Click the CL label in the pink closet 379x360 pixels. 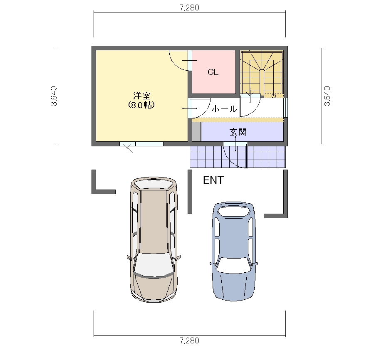(213, 72)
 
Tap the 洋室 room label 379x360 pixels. (141, 96)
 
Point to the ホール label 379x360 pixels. (224, 108)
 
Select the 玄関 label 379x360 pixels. (238, 132)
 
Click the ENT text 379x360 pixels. (213, 180)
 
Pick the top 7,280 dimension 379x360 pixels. (190, 8)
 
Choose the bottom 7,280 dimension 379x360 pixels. (190, 340)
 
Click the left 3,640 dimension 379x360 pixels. (54, 96)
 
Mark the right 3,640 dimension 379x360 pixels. (327, 96)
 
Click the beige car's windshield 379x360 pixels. (154, 265)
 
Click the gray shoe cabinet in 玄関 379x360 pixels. (196, 132)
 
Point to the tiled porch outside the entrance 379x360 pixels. (238, 157)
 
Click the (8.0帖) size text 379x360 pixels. (141, 105)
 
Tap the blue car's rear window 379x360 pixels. (234, 212)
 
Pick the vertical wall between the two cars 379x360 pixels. (190, 192)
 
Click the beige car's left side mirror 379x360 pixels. (129, 258)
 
